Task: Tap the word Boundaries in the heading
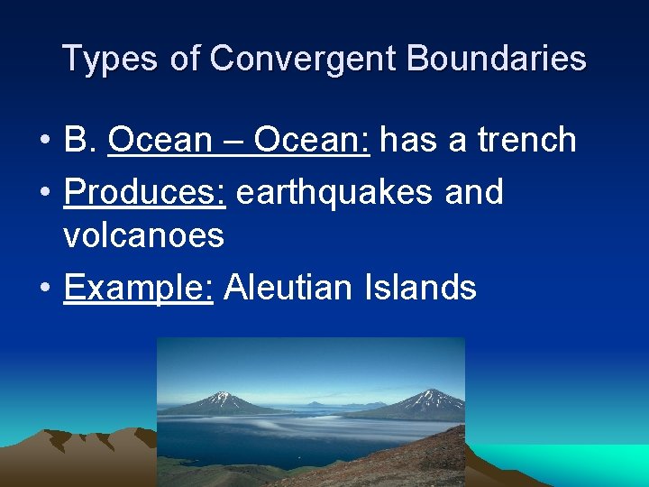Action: (x=497, y=59)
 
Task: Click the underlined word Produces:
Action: (x=144, y=192)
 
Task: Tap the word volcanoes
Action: (x=143, y=235)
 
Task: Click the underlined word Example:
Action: (x=138, y=288)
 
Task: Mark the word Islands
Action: (x=420, y=288)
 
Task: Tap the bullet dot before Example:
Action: (x=43, y=289)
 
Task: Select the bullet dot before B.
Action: (x=43, y=142)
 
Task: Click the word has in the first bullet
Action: (x=403, y=140)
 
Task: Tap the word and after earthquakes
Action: (x=474, y=192)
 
